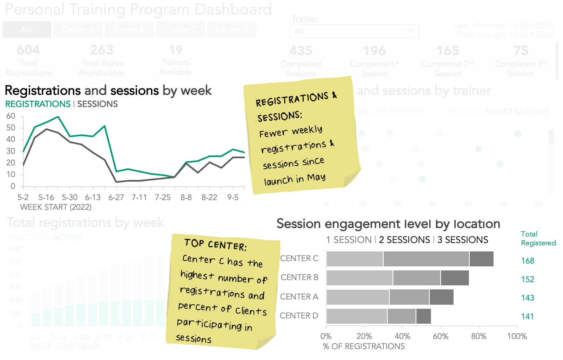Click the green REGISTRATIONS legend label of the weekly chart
click(x=38, y=104)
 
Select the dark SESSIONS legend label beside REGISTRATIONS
click(x=97, y=104)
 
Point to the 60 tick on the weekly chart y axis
click(x=11, y=116)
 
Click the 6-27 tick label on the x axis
click(x=116, y=197)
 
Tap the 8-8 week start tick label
click(x=186, y=197)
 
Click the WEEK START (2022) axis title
click(x=56, y=207)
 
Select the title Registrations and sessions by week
click(x=108, y=90)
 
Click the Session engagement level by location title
click(x=388, y=224)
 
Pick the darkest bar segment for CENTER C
click(x=481, y=259)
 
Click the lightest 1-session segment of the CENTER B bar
click(x=359, y=278)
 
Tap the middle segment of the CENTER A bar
click(x=409, y=297)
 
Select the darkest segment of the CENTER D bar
click(x=423, y=316)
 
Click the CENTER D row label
click(x=299, y=316)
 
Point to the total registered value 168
click(x=527, y=261)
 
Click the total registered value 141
click(x=527, y=316)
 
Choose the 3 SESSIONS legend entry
click(x=462, y=240)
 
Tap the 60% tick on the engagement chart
click(x=441, y=336)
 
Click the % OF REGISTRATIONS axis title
click(x=363, y=346)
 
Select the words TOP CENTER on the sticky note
click(x=215, y=245)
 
